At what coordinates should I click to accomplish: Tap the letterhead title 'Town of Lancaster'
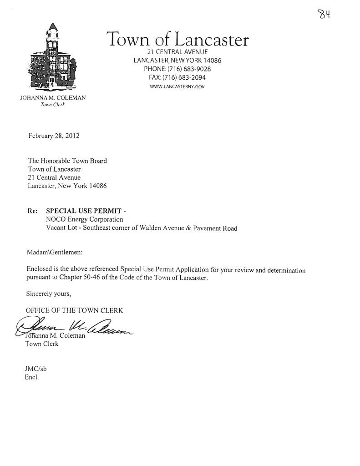pos(177,41)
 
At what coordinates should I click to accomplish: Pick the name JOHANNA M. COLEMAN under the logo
pos(53,98)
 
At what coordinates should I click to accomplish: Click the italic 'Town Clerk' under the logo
pos(53,105)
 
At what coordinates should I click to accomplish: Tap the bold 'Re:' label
pos(33,211)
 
